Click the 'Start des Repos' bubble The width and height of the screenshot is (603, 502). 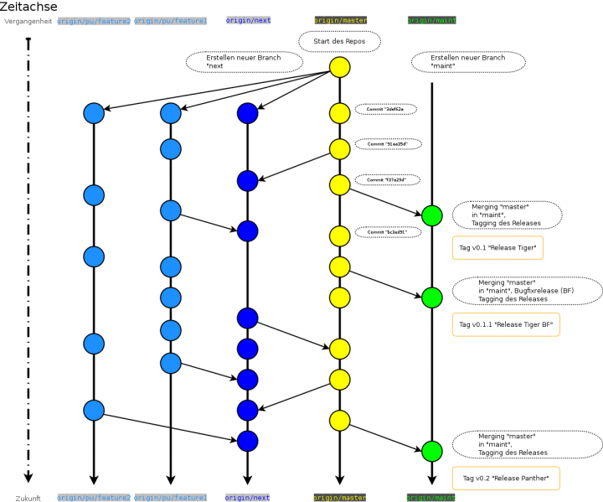click(x=338, y=41)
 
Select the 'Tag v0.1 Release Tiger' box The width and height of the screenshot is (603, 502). click(x=497, y=248)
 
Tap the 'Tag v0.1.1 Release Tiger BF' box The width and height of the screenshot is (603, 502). click(x=506, y=324)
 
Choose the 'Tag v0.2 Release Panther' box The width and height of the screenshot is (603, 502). click(x=505, y=479)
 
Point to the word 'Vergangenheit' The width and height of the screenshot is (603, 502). click(x=28, y=21)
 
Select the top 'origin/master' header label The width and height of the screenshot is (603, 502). click(x=340, y=20)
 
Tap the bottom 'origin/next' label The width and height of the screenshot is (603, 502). click(x=248, y=498)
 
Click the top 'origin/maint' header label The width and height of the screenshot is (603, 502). click(x=431, y=20)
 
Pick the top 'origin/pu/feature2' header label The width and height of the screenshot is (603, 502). click(x=94, y=20)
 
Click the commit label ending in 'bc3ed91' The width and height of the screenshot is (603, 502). click(x=386, y=232)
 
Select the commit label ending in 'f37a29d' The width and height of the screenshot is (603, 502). click(x=386, y=179)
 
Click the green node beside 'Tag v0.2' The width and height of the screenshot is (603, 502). click(x=432, y=451)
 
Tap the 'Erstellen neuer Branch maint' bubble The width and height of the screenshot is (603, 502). click(x=469, y=62)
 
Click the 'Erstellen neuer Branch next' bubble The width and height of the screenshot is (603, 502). click(x=244, y=61)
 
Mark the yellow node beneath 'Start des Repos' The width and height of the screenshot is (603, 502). click(x=339, y=68)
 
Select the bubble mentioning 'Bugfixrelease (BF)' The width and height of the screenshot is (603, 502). click(x=528, y=290)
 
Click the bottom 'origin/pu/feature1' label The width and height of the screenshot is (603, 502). click(x=171, y=498)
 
